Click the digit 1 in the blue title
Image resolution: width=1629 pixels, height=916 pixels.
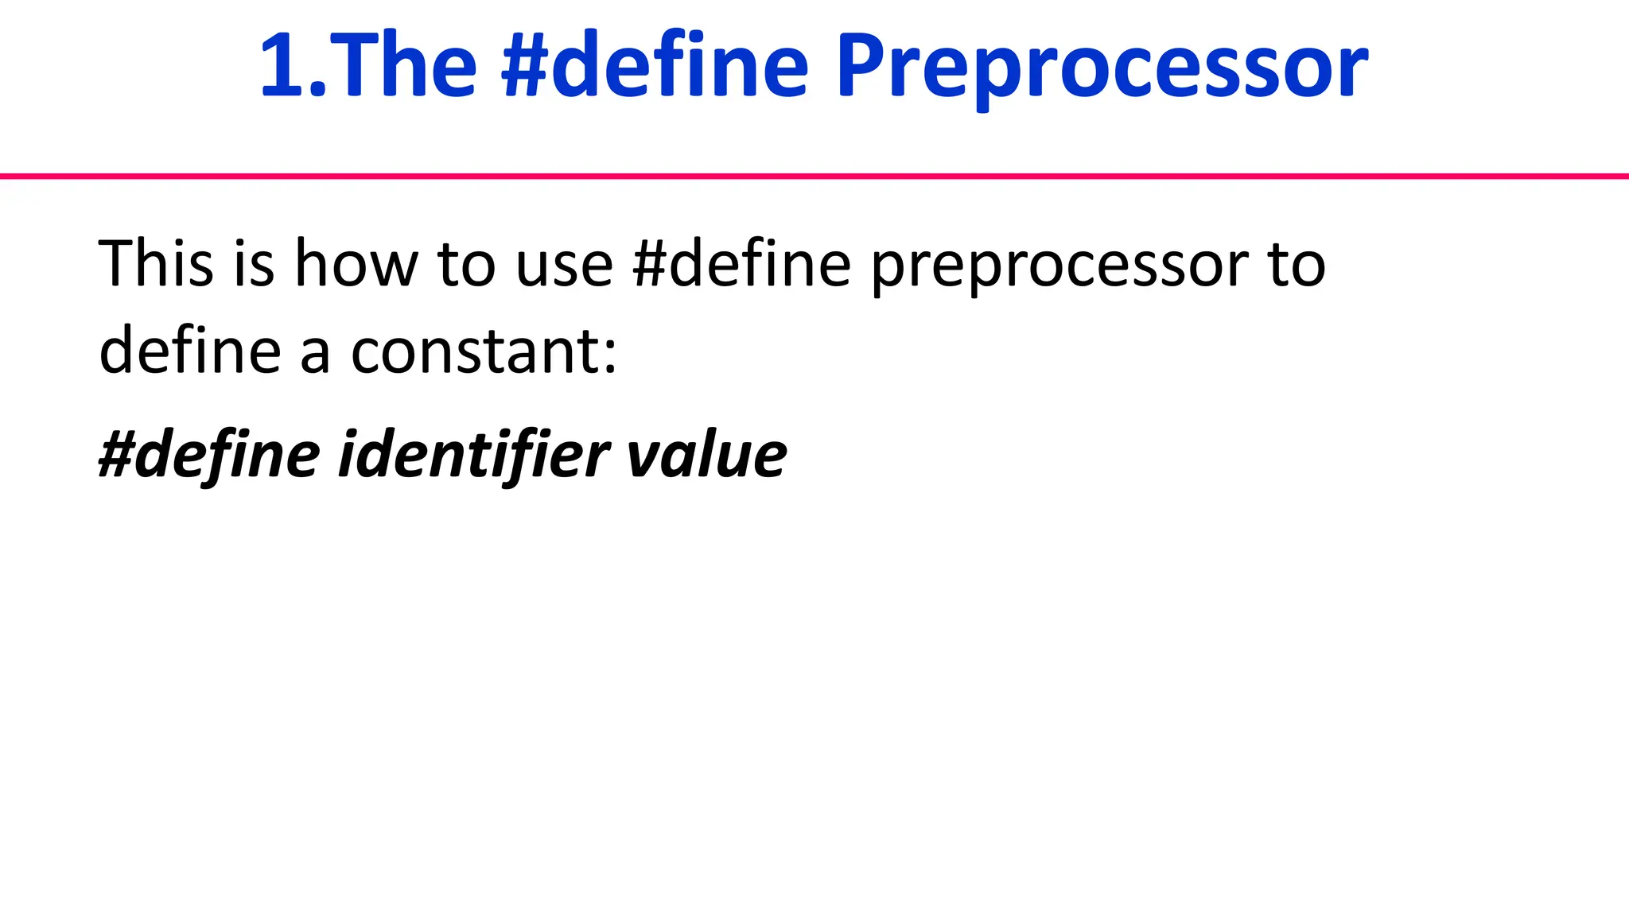coord(284,65)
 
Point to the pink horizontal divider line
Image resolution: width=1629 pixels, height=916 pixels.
coord(814,176)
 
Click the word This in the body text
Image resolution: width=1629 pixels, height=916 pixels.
coord(156,263)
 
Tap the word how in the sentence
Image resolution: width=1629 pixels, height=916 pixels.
coord(356,263)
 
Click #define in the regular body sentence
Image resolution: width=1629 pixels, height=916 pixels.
coord(741,263)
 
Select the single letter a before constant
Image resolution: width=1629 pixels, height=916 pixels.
coord(315,355)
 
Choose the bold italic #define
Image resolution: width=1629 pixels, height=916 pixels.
coord(209,455)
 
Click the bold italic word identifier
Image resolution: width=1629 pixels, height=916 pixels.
coord(473,455)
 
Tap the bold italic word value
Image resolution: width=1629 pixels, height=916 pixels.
coord(707,455)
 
